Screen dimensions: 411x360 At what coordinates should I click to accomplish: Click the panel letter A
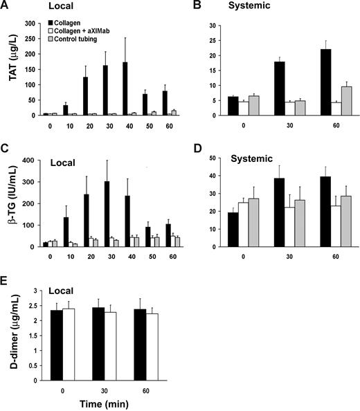(6, 6)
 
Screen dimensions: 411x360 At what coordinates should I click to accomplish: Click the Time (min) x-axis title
(81, 405)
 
